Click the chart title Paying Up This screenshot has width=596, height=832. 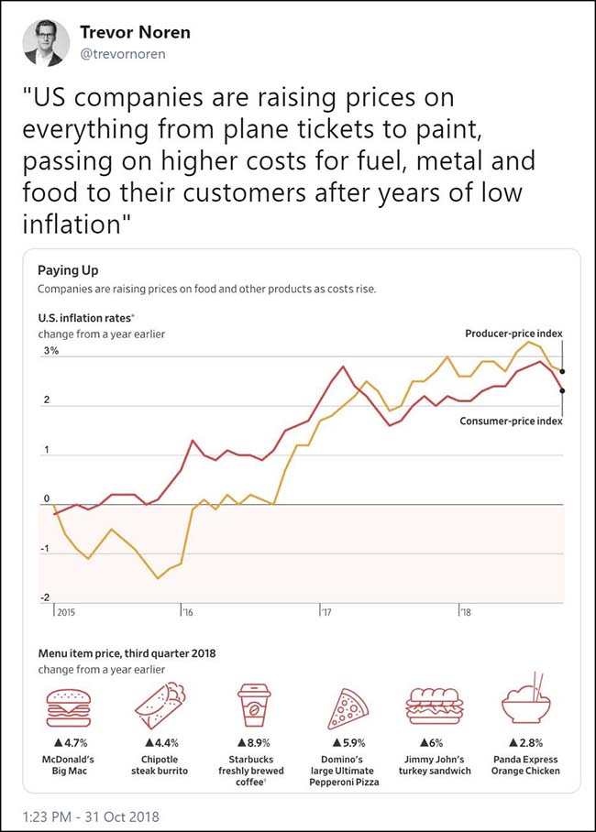68,270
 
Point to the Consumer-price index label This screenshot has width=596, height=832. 512,421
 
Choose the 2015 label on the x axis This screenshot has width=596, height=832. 66,611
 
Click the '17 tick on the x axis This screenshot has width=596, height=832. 326,611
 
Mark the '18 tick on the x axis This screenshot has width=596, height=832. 464,611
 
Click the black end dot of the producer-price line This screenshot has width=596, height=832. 562,371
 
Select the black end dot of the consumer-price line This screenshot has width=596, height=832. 562,390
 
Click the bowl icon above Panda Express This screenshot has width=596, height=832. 525,704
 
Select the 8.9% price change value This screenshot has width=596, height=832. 257,742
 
